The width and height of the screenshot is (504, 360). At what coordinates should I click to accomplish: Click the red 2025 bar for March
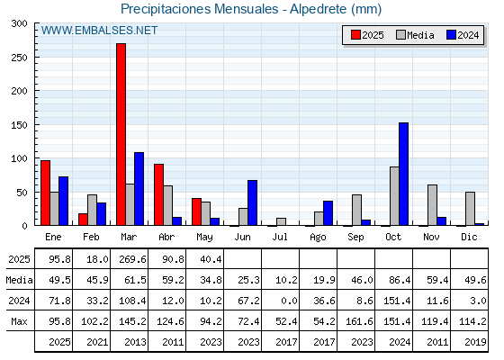121,134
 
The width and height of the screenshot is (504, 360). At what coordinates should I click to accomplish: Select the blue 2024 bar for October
404,174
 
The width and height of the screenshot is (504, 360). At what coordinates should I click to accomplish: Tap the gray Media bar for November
432,205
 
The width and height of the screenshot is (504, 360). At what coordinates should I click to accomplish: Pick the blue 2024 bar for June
252,202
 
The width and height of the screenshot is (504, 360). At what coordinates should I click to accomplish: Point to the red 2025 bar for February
83,220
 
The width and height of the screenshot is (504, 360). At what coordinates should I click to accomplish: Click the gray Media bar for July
281,221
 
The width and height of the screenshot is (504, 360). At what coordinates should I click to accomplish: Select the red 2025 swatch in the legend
355,35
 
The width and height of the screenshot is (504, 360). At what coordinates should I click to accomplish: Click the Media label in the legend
420,35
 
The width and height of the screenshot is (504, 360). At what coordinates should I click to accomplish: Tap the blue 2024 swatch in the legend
451,35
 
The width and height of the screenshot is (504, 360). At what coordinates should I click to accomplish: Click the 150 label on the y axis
19,125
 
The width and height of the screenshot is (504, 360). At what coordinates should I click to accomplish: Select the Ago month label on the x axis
319,238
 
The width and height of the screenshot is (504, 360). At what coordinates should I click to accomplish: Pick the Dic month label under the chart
469,237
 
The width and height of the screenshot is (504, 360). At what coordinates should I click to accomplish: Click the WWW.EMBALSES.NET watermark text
99,31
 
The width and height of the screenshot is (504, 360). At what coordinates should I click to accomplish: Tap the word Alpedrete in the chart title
319,9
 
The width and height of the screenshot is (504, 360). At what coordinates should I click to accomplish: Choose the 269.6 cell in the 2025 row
132,259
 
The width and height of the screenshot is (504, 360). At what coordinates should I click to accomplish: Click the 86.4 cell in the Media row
400,280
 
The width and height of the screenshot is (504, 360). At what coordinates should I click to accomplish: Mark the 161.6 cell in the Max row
359,321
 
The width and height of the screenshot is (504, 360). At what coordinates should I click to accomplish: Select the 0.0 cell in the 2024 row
289,301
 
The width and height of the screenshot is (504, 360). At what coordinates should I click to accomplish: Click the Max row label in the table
19,321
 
